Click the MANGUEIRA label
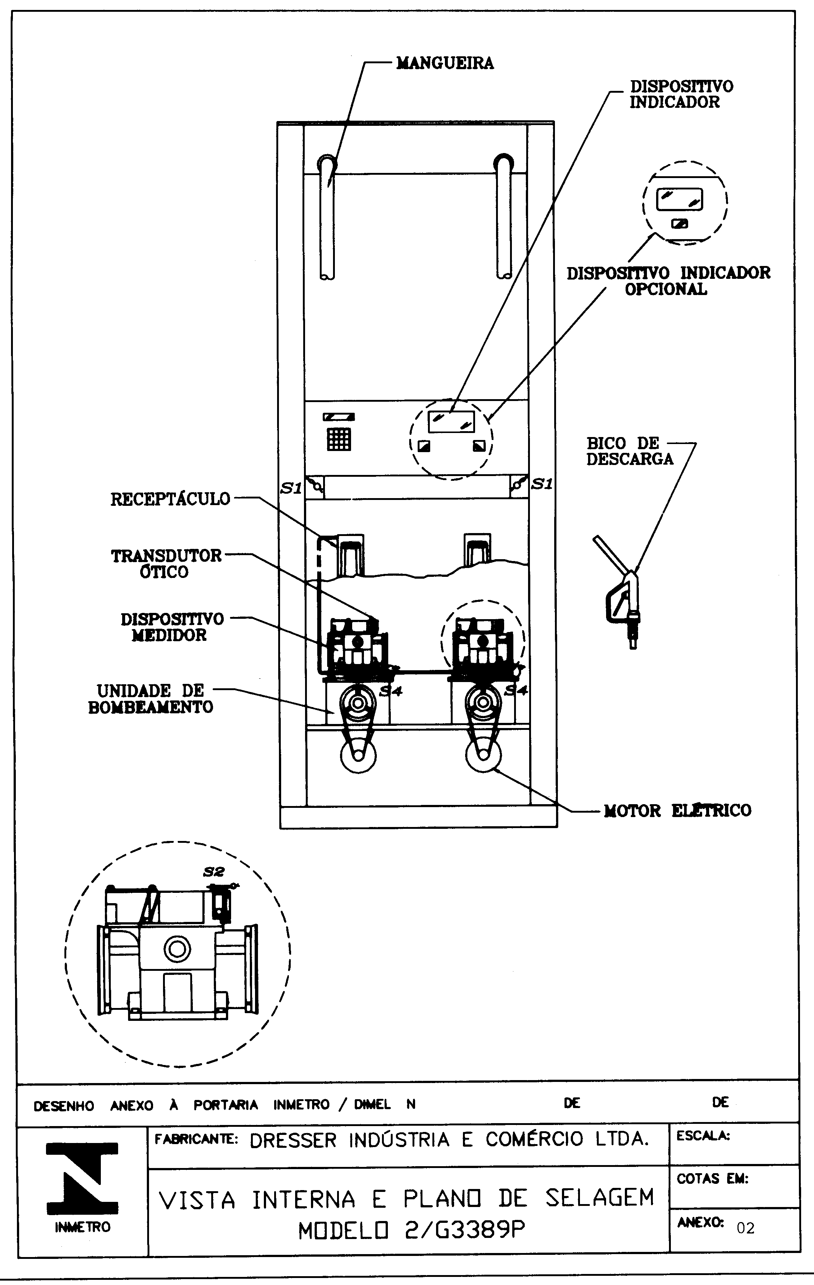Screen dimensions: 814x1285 pos(445,63)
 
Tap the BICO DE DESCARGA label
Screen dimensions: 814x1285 pos(630,451)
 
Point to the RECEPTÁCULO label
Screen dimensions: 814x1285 pos(170,499)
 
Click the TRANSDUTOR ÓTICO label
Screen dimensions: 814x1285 pos(166,564)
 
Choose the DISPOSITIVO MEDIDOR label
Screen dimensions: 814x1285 pos(172,627)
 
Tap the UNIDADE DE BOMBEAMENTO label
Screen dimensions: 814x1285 pos(151,699)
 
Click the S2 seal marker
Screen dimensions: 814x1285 pos(214,872)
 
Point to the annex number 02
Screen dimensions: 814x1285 pos(746,1228)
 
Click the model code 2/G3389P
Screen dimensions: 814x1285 pos(411,1231)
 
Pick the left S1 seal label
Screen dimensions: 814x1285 pos(291,488)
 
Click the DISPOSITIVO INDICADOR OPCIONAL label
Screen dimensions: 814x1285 pos(668,281)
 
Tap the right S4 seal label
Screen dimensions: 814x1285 pos(516,691)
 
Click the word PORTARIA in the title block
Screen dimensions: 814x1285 pos(225,1105)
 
